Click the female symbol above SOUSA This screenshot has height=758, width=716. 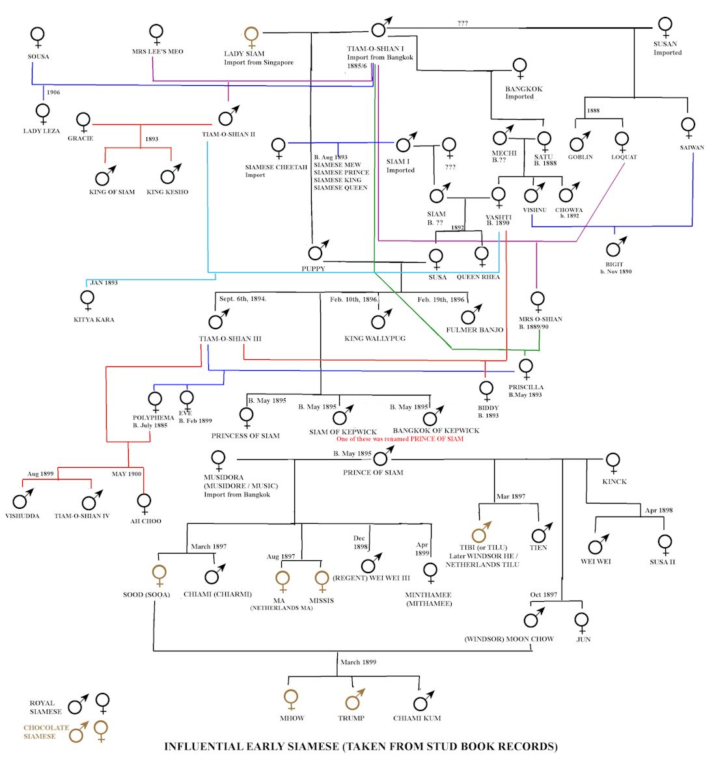[x=38, y=36]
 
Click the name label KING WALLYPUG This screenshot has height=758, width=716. [x=375, y=338]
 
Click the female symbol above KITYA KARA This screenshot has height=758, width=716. [x=87, y=301]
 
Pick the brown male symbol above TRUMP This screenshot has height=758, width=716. [x=353, y=701]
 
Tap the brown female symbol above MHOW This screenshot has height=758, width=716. [x=291, y=700]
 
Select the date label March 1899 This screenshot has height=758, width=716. [x=358, y=662]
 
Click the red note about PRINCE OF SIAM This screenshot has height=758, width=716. [x=400, y=439]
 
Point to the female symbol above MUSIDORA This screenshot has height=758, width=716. [x=218, y=460]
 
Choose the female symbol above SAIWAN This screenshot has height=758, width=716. [x=689, y=127]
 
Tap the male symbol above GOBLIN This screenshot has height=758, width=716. [x=579, y=141]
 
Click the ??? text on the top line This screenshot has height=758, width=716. [x=462, y=23]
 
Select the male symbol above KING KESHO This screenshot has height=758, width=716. [x=171, y=175]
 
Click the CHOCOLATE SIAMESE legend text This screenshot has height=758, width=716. [x=46, y=732]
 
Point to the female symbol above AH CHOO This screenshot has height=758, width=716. [x=144, y=503]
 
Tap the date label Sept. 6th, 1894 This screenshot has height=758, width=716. [x=242, y=299]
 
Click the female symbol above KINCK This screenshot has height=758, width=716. [x=612, y=462]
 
